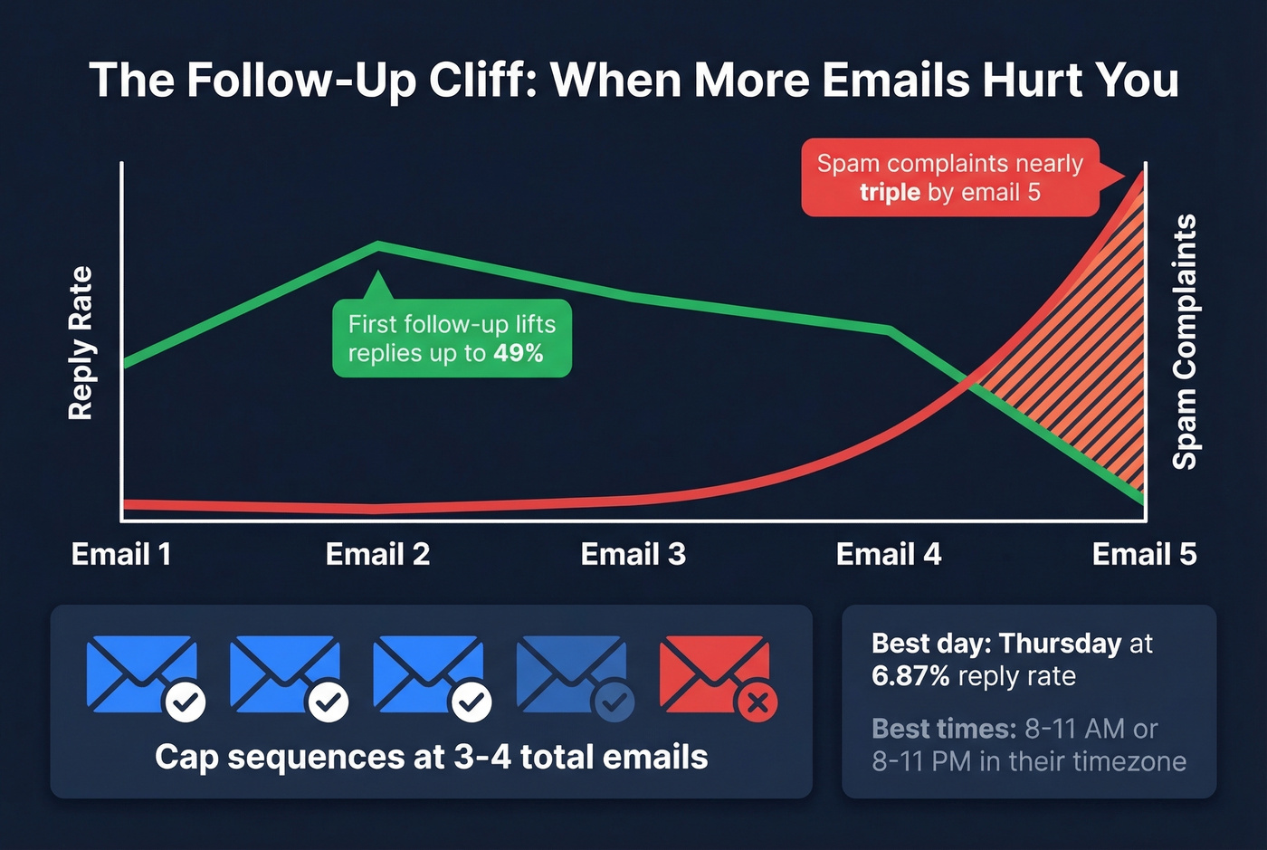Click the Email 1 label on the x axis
click(x=121, y=554)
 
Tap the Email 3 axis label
click(x=633, y=554)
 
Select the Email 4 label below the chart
click(x=888, y=554)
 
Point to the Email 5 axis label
click(x=1144, y=554)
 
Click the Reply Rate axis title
click(x=81, y=343)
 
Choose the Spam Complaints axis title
click(x=1185, y=341)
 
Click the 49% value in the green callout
click(x=519, y=353)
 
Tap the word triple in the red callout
click(x=890, y=193)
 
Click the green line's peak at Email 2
click(x=378, y=244)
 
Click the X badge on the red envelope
click(x=757, y=702)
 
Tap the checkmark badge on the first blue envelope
click(x=185, y=702)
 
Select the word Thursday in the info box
click(x=1061, y=644)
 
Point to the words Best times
click(x=943, y=729)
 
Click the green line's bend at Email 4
click(x=891, y=330)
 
